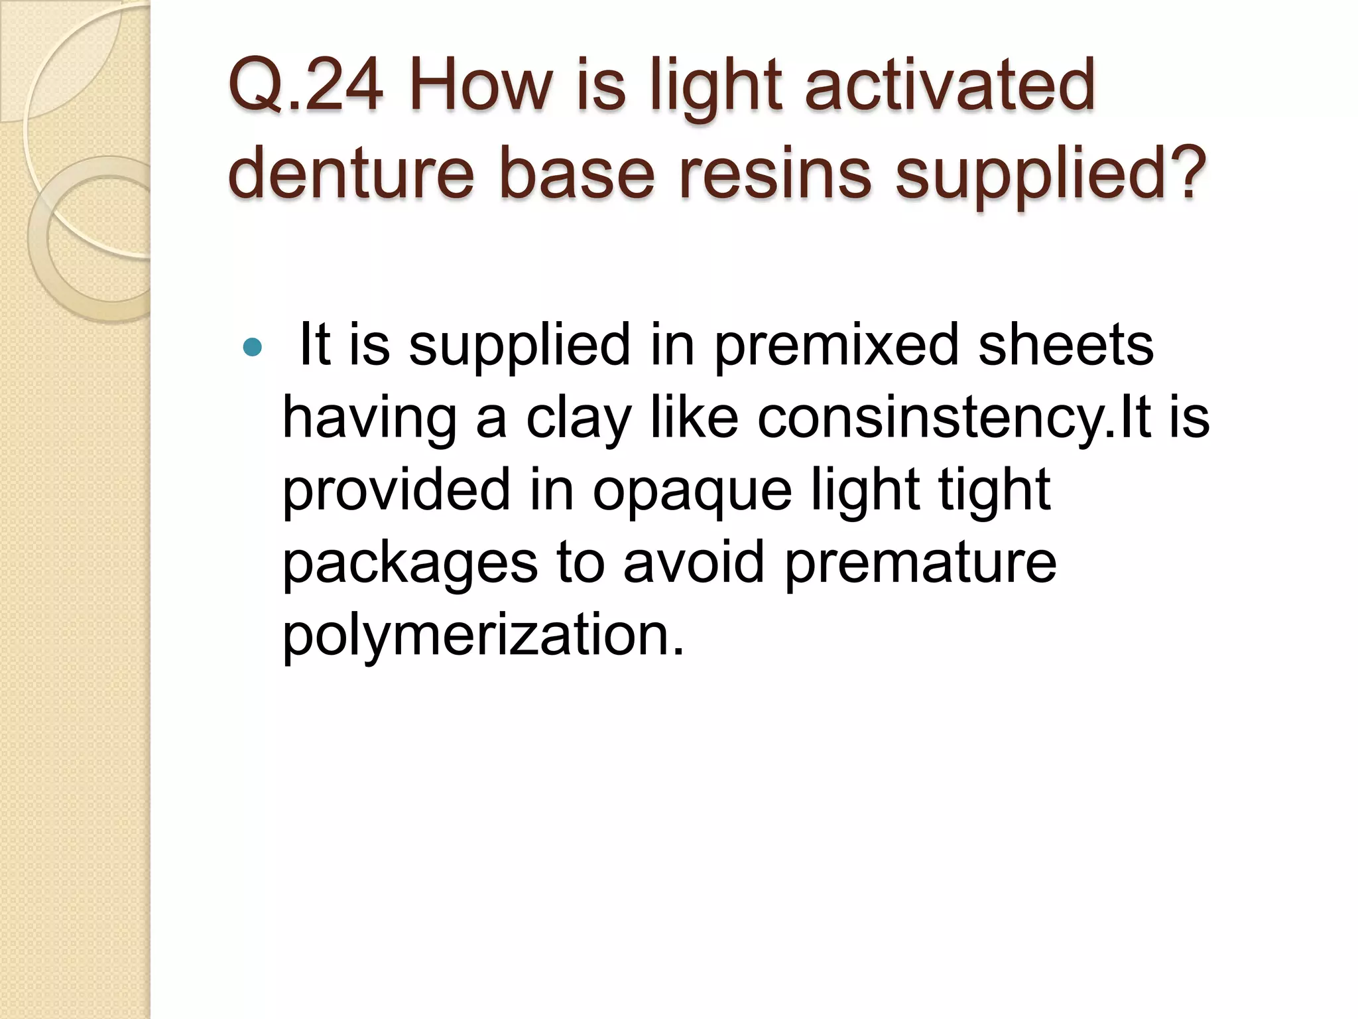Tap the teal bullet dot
(x=253, y=346)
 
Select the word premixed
(x=836, y=346)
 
